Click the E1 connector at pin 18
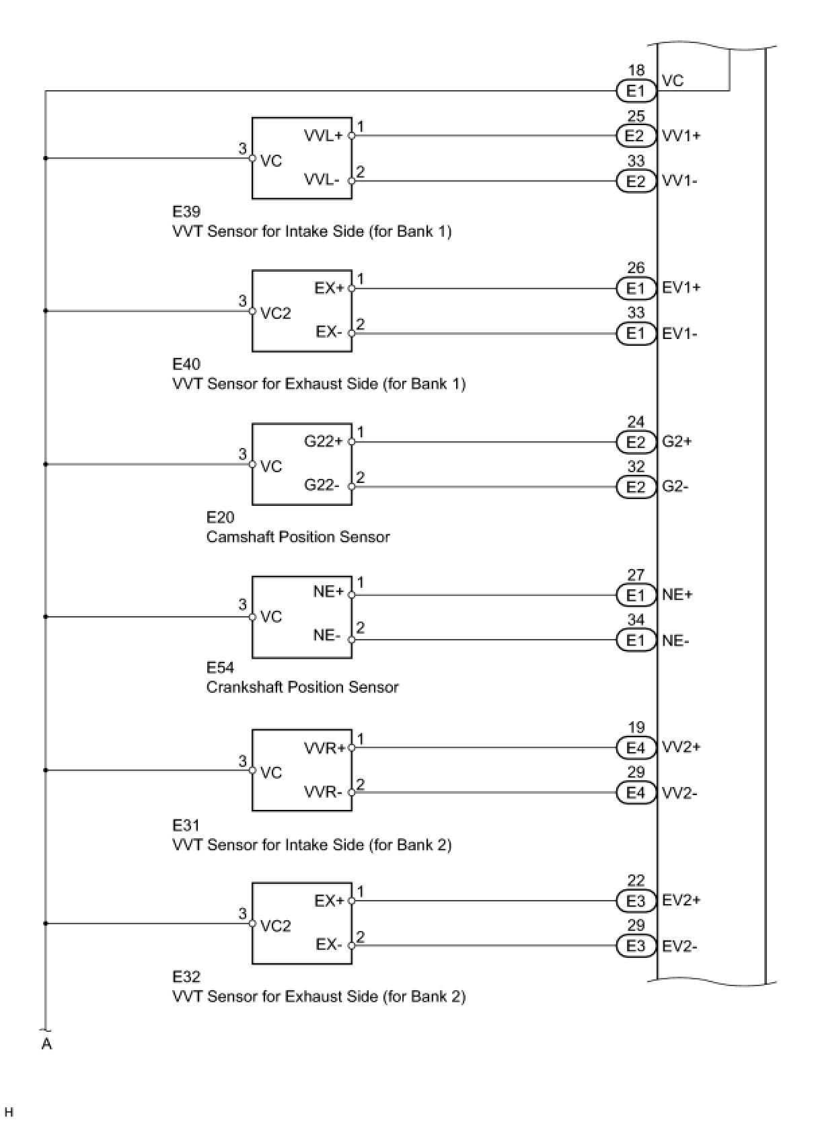[636, 91]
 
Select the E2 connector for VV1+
[636, 136]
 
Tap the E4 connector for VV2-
[636, 793]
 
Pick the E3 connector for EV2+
[636, 901]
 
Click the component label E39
[186, 212]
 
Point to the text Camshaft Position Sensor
[298, 537]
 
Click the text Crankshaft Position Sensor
[302, 687]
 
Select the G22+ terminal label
[324, 442]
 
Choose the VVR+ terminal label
[325, 748]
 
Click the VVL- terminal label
[322, 180]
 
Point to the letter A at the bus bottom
[46, 1045]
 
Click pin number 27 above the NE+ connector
[636, 575]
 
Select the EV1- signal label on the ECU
[679, 334]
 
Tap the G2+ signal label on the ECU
[677, 442]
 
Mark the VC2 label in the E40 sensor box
[276, 313]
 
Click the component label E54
[220, 668]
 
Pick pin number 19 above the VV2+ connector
[636, 728]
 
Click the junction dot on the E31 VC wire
[45, 770]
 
